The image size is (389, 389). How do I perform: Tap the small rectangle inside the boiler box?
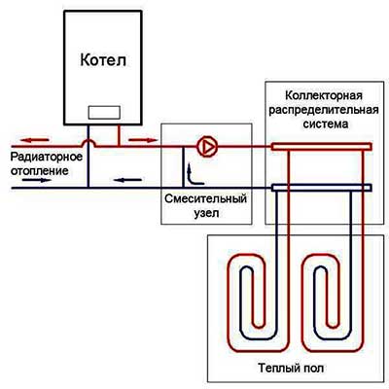tap(103, 112)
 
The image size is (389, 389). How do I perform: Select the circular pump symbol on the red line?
tap(206, 147)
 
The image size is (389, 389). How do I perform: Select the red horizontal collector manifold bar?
tap(321, 147)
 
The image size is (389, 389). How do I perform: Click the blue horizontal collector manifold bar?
tap(321, 188)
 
